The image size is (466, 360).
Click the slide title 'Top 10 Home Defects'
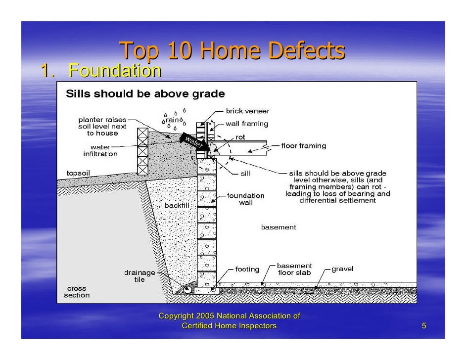pos(232,51)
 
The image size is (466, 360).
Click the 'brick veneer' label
pos(247,111)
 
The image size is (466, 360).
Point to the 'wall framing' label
pos(247,124)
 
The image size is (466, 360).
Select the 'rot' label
pos(240,137)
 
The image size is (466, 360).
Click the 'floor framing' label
pos(304,146)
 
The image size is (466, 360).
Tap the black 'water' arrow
pos(193,141)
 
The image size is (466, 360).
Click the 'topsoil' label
pos(79,173)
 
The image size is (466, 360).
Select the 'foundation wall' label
pos(246,199)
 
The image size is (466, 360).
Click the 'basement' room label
pos(279,227)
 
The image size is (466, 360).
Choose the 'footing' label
pos(247,270)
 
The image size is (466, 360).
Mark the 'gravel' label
pos(342,270)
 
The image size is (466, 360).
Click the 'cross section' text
pos(77,292)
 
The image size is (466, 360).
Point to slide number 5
pos(424,325)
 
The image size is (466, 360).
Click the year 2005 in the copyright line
pos(205,316)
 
